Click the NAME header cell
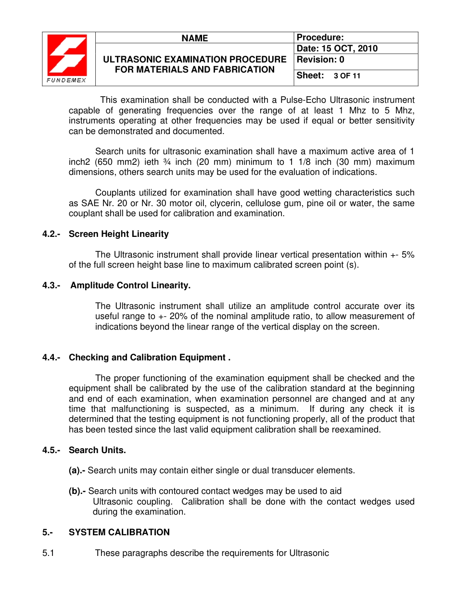195,38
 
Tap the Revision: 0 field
321,60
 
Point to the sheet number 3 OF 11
347,76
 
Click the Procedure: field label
320,37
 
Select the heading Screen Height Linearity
118,234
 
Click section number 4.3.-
51,285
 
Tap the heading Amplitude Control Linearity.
130,285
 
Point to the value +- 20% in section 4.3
171,316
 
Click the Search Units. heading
97,450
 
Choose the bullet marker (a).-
77,470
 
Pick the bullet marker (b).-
77,491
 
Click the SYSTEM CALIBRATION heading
119,532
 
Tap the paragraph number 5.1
48,553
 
